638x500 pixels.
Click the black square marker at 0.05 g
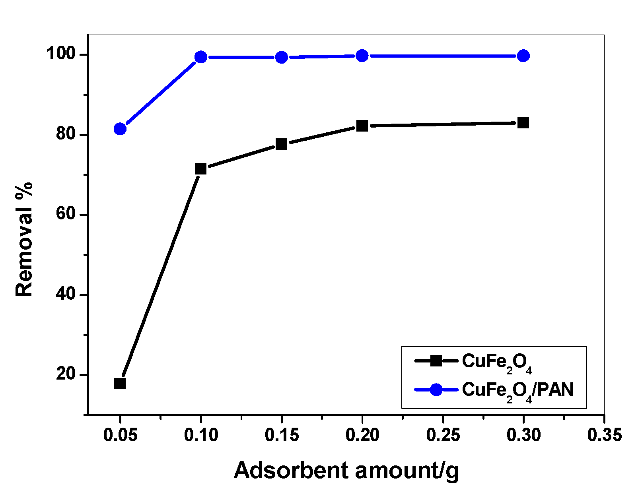click(x=120, y=384)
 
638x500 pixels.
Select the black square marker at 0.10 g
click(x=201, y=169)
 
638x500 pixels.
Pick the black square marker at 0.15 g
click(x=281, y=144)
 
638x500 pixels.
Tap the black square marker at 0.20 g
click(x=362, y=126)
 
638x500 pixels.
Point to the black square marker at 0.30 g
click(x=523, y=122)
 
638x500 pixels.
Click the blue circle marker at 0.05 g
click(x=120, y=129)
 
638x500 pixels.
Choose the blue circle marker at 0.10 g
click(x=201, y=57)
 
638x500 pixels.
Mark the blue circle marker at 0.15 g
click(x=281, y=57)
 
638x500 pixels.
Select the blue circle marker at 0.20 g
click(x=362, y=56)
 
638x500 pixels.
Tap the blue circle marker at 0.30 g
click(x=523, y=56)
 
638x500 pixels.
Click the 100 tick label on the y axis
click(x=61, y=54)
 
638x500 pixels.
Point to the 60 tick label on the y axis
click(x=66, y=214)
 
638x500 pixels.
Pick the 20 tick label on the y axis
click(x=66, y=374)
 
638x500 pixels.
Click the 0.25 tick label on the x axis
click(x=443, y=435)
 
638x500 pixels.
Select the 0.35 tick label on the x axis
click(x=604, y=435)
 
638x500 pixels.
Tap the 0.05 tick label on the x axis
click(x=120, y=435)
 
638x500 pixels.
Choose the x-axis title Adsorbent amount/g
click(x=346, y=471)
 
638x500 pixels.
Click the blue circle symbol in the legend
click(x=436, y=390)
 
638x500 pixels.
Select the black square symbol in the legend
click(x=436, y=361)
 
